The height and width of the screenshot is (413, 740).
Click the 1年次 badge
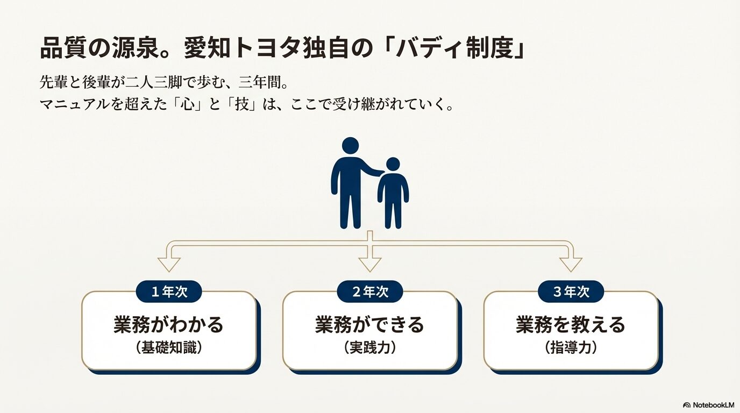click(169, 292)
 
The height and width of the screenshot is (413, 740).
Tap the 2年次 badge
click(370, 292)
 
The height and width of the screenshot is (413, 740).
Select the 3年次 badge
click(571, 292)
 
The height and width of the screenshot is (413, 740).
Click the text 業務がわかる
click(168, 325)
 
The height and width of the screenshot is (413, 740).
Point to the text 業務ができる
click(369, 325)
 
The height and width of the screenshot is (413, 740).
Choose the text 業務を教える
click(571, 325)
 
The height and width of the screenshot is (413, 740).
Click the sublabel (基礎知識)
click(168, 348)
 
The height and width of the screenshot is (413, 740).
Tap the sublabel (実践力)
click(369, 348)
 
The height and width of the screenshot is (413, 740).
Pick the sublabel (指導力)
click(571, 348)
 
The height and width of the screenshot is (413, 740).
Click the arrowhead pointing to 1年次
click(169, 264)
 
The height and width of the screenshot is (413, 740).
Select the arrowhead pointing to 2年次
click(370, 264)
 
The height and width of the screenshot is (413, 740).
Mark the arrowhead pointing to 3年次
click(571, 264)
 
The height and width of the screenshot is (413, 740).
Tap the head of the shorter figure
click(393, 164)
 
